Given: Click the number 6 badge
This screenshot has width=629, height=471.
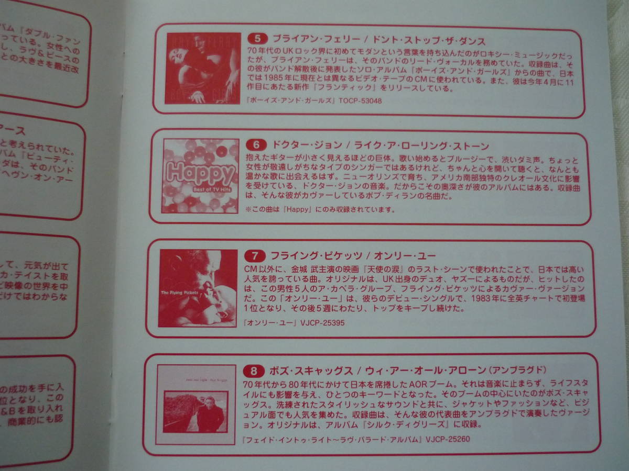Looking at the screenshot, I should click(x=256, y=146).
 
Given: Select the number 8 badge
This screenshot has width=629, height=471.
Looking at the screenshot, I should click(x=253, y=372).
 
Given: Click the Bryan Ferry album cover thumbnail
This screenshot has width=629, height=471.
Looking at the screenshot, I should click(x=203, y=68).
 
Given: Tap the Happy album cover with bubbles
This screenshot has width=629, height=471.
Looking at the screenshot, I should click(x=200, y=176).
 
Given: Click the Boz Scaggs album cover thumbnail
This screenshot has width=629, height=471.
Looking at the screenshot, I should click(x=196, y=405).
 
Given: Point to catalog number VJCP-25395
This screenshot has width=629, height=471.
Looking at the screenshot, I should click(x=322, y=323).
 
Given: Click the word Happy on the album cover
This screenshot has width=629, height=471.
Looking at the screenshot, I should click(x=200, y=172).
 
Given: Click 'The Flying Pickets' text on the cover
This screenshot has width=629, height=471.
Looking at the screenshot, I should click(x=181, y=292).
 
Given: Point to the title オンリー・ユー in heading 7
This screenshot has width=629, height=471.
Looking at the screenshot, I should click(x=404, y=256).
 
